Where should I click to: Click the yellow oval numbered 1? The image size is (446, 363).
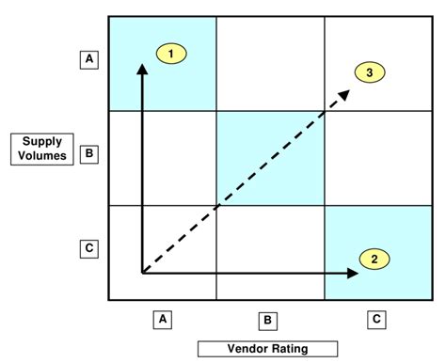pos(170,54)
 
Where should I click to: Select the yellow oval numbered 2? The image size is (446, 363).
pos(374,259)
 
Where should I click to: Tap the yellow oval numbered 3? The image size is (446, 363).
pos(370,71)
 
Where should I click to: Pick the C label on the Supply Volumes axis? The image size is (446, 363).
pos(89,249)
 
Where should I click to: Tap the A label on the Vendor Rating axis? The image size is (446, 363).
pos(163,320)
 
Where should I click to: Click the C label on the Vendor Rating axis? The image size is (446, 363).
pos(376,320)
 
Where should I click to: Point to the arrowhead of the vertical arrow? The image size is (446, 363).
pos(143,68)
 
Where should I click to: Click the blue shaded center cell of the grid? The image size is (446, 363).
pos(270,157)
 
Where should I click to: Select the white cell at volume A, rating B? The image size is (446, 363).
pos(270,63)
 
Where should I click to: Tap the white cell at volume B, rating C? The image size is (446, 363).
pos(376,157)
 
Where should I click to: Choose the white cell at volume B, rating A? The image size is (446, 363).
pos(163,157)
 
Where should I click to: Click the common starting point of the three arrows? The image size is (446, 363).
pos(143,273)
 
